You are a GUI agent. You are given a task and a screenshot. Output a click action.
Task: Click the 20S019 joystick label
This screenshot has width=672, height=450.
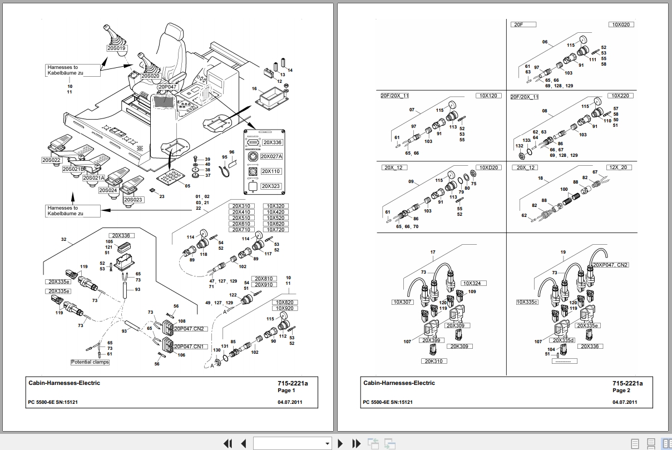pos(117,48)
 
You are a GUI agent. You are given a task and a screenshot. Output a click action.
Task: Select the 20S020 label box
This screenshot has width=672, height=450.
pos(150,76)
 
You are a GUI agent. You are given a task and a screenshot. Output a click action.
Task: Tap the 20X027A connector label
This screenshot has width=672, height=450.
pos(272,157)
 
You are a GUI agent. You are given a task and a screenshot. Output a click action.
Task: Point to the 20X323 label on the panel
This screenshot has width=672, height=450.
pos(271,186)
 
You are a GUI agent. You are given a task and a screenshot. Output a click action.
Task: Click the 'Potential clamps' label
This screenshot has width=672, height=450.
pos(90,362)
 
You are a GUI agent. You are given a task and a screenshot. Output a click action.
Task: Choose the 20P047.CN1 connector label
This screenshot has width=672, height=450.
pos(190,347)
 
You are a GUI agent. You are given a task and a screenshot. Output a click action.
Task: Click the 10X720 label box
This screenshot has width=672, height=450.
pos(275,230)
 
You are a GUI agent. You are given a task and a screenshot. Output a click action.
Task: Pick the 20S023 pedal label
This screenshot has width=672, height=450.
pos(133,200)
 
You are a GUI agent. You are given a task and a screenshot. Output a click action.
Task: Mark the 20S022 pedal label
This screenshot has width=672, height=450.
pos(51,160)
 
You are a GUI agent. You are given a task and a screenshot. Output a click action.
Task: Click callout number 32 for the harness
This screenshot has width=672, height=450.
pos(63,239)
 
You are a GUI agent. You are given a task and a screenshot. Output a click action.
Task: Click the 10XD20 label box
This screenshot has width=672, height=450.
pos(490,167)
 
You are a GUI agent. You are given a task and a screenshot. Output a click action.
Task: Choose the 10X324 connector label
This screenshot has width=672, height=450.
pos(474,283)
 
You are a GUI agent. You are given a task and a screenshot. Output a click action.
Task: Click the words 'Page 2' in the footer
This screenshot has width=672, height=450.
pos(621,390)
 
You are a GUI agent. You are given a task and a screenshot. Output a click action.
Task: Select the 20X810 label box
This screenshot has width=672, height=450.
pos(264,279)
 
